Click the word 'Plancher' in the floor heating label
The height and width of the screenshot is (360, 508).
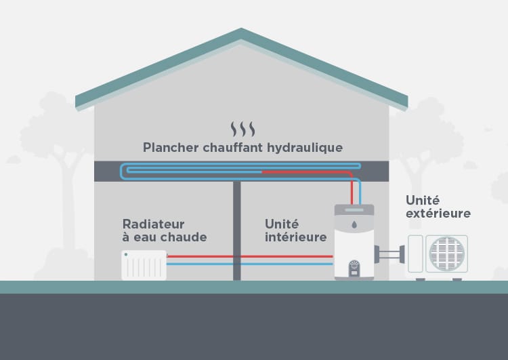(x=169, y=147)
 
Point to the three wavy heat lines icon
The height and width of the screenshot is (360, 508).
(x=242, y=129)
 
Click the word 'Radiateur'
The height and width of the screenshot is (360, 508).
(x=153, y=224)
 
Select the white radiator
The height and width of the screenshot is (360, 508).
(x=144, y=264)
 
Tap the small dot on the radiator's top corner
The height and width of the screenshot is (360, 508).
(x=126, y=254)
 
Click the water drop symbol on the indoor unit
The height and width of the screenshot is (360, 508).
(x=354, y=224)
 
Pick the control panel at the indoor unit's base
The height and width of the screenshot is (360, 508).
(x=354, y=268)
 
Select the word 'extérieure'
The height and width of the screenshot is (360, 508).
(x=438, y=214)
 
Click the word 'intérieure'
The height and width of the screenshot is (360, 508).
(x=295, y=237)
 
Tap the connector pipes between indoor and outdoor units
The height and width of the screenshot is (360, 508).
(x=389, y=256)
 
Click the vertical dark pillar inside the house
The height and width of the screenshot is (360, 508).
(x=237, y=231)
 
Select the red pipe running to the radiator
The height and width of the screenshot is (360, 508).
(x=251, y=256)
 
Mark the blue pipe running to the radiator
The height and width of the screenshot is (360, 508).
(x=251, y=263)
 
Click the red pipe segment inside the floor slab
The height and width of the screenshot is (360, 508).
(x=305, y=172)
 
